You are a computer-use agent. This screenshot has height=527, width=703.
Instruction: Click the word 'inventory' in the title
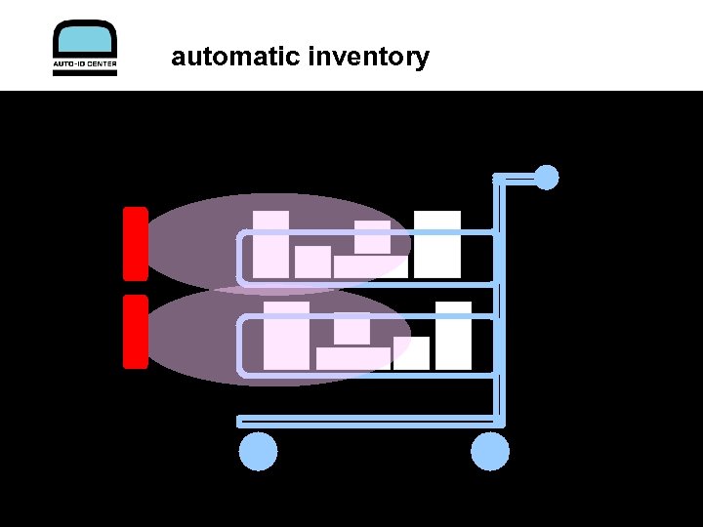[368, 58]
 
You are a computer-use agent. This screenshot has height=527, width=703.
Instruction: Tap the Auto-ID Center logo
[84, 48]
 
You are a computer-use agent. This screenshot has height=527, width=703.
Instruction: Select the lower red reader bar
[136, 332]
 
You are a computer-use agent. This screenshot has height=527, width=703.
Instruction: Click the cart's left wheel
[259, 452]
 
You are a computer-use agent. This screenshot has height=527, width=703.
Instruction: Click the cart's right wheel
[490, 452]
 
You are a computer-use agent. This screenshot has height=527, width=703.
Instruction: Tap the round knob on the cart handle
[547, 178]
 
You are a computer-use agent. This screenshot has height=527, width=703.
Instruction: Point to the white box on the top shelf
[436, 244]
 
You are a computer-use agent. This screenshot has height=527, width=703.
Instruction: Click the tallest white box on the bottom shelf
[453, 336]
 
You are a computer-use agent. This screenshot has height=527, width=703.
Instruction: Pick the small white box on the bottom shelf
[411, 352]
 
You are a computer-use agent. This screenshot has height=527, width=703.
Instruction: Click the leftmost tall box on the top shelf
[270, 244]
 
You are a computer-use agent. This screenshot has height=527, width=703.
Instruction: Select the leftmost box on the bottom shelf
[286, 336]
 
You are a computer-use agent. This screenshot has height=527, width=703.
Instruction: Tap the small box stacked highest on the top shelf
[372, 237]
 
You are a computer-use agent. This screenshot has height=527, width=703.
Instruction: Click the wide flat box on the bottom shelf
[352, 358]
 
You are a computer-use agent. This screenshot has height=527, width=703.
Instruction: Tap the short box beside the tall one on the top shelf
[313, 262]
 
